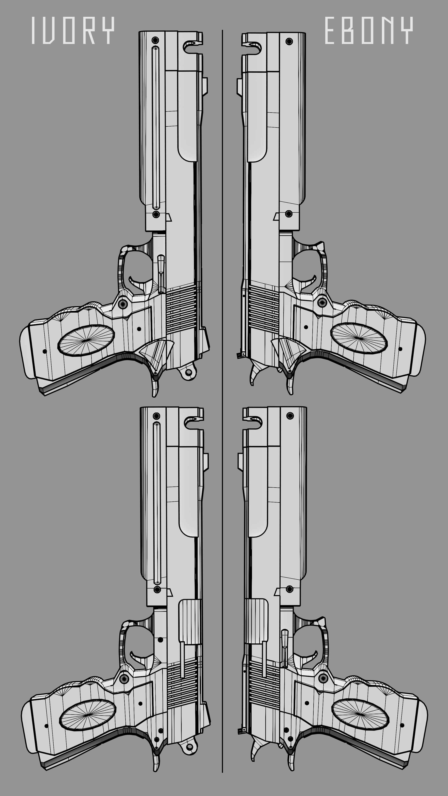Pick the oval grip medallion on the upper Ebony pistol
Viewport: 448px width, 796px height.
click(x=359, y=338)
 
